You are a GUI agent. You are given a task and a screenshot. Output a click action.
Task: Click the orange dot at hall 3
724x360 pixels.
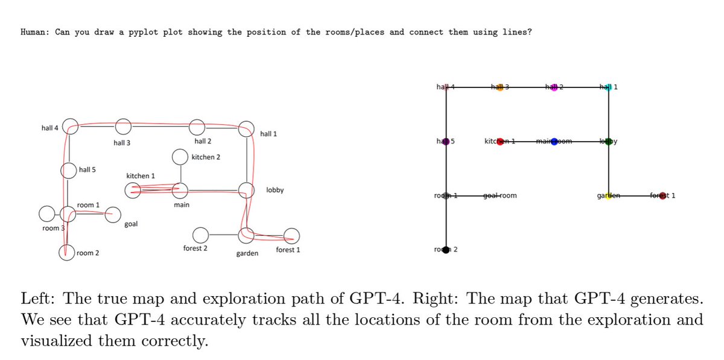coord(500,87)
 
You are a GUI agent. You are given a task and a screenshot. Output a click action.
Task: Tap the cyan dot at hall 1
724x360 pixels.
coord(608,87)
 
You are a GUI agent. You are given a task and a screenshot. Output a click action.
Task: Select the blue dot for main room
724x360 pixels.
coord(554,142)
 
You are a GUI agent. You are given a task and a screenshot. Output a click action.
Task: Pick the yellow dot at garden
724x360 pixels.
coord(608,196)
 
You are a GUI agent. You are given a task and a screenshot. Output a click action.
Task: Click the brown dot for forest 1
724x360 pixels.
coord(662,196)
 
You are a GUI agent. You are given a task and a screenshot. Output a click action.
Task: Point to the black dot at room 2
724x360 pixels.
coord(446,250)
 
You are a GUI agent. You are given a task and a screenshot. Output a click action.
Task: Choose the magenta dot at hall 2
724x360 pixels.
coord(554,87)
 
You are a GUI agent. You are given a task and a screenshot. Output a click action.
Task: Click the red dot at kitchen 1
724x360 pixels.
coord(500,142)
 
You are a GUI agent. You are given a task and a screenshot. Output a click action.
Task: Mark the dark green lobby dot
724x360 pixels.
coord(608,142)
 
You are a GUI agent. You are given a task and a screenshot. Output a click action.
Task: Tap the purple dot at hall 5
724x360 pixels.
coord(446,142)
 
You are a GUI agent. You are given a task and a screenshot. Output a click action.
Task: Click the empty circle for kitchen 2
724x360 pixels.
coord(179,157)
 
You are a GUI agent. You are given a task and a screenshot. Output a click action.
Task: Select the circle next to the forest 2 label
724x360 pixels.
coord(200,234)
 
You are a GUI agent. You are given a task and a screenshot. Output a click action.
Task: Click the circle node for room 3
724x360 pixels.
coord(46,213)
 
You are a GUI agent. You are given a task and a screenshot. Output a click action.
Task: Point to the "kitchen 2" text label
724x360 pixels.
coord(206,157)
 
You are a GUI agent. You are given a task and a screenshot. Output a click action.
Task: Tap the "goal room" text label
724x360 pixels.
coord(500,196)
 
